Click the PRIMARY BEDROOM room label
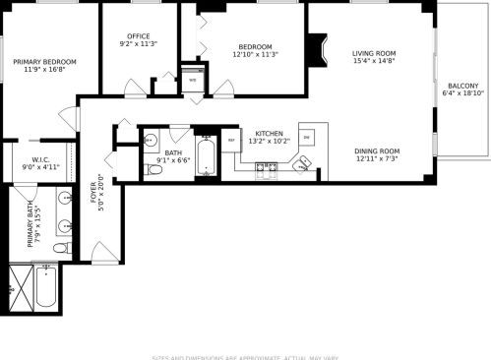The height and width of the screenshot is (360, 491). click(x=44, y=61)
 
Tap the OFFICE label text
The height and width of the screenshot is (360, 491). click(x=139, y=34)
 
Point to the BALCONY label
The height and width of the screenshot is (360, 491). click(x=462, y=86)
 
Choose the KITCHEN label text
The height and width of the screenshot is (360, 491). click(x=269, y=133)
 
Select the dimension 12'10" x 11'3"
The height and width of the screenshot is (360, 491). click(x=255, y=54)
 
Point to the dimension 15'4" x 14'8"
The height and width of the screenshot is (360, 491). click(x=374, y=61)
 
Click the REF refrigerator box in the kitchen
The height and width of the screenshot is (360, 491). click(x=231, y=141)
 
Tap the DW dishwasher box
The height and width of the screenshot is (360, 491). click(x=306, y=137)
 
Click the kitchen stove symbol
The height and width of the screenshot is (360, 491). click(x=267, y=170)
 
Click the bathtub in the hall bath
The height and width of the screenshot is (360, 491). click(x=207, y=157)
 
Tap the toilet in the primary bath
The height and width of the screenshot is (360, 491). click(x=58, y=250)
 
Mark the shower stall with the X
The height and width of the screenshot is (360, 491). click(x=19, y=284)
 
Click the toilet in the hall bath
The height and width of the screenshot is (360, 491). click(x=153, y=170)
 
